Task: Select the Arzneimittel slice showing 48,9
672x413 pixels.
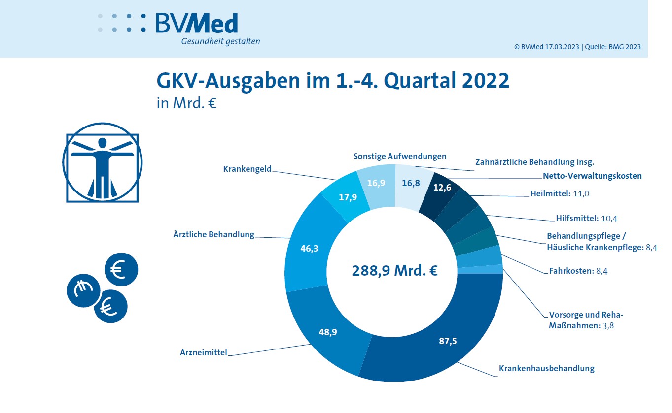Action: pos(328,332)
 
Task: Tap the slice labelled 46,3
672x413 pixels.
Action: pos(309,249)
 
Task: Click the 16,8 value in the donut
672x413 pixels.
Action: pos(411,183)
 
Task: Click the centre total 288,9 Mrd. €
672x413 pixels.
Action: pos(394,271)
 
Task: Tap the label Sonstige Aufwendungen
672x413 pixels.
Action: pos(400,156)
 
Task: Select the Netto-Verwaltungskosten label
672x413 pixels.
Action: pos(592,176)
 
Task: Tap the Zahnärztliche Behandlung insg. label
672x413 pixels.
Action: pos(534,161)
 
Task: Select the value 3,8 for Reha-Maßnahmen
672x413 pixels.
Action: pos(609,325)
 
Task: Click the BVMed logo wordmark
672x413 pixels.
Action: pos(197,23)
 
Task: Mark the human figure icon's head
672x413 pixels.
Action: pos(102,143)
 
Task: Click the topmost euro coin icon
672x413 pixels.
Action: pos(121,269)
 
